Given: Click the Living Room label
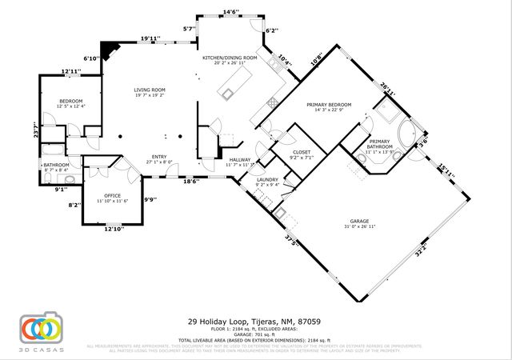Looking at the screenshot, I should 150,90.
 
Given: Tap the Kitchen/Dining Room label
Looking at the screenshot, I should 230,58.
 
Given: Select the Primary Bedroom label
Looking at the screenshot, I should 330,105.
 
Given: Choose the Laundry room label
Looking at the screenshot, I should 266,180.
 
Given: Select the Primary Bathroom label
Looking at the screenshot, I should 379,144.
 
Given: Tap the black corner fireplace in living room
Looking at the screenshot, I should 108,49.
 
